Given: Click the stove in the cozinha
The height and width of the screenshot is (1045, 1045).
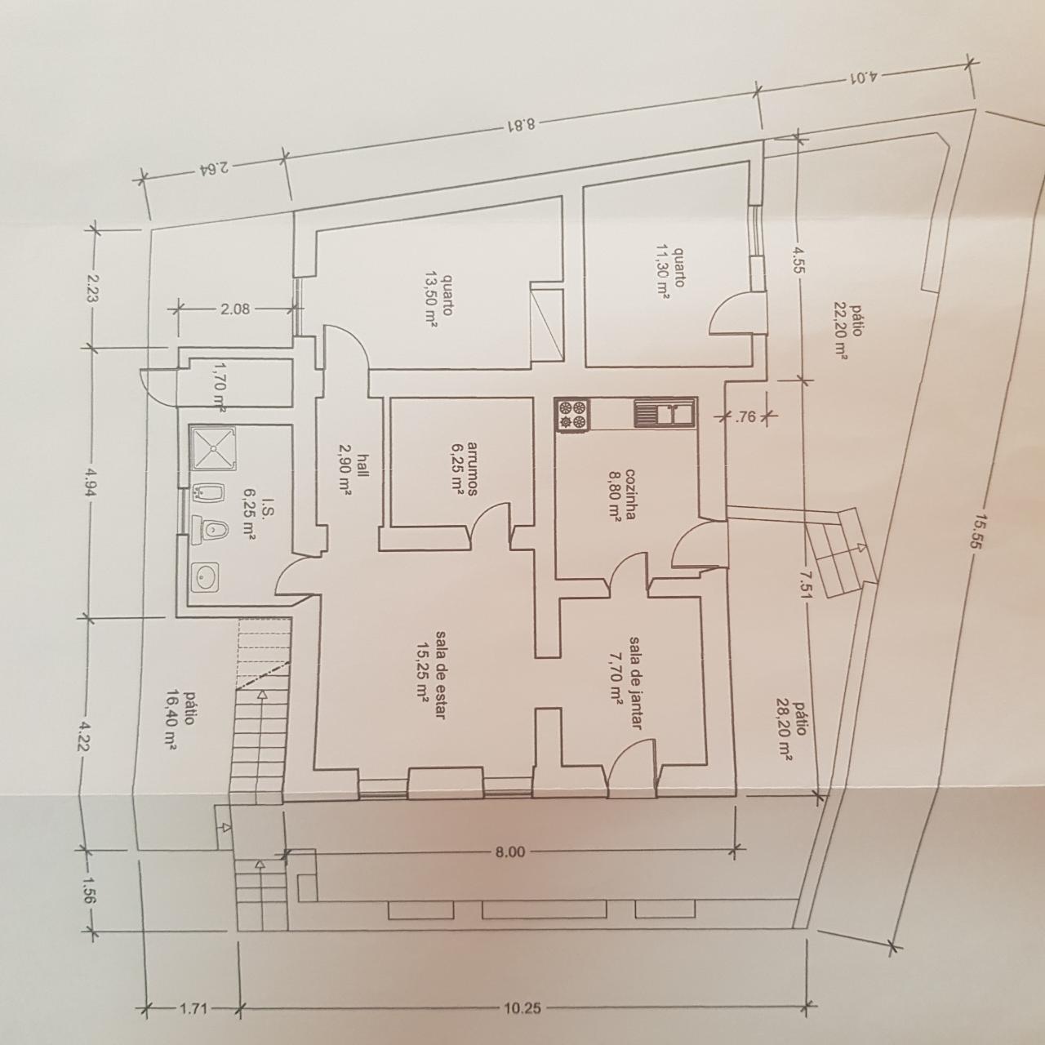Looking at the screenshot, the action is [x=571, y=415].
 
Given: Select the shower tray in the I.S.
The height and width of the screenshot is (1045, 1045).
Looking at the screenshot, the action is [x=213, y=448].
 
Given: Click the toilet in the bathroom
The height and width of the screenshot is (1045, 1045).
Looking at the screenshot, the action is [x=210, y=529].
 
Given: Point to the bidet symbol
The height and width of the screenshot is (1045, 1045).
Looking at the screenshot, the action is [x=208, y=491].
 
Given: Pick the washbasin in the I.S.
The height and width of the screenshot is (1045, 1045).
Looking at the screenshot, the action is [x=205, y=578].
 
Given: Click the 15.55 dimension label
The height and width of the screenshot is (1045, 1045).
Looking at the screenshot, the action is [x=978, y=532].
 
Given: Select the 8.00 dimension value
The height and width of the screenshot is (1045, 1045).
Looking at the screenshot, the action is [x=510, y=852].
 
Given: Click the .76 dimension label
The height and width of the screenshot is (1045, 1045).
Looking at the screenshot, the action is [x=745, y=417].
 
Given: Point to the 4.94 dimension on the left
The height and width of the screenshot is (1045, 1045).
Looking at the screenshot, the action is [x=90, y=481].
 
